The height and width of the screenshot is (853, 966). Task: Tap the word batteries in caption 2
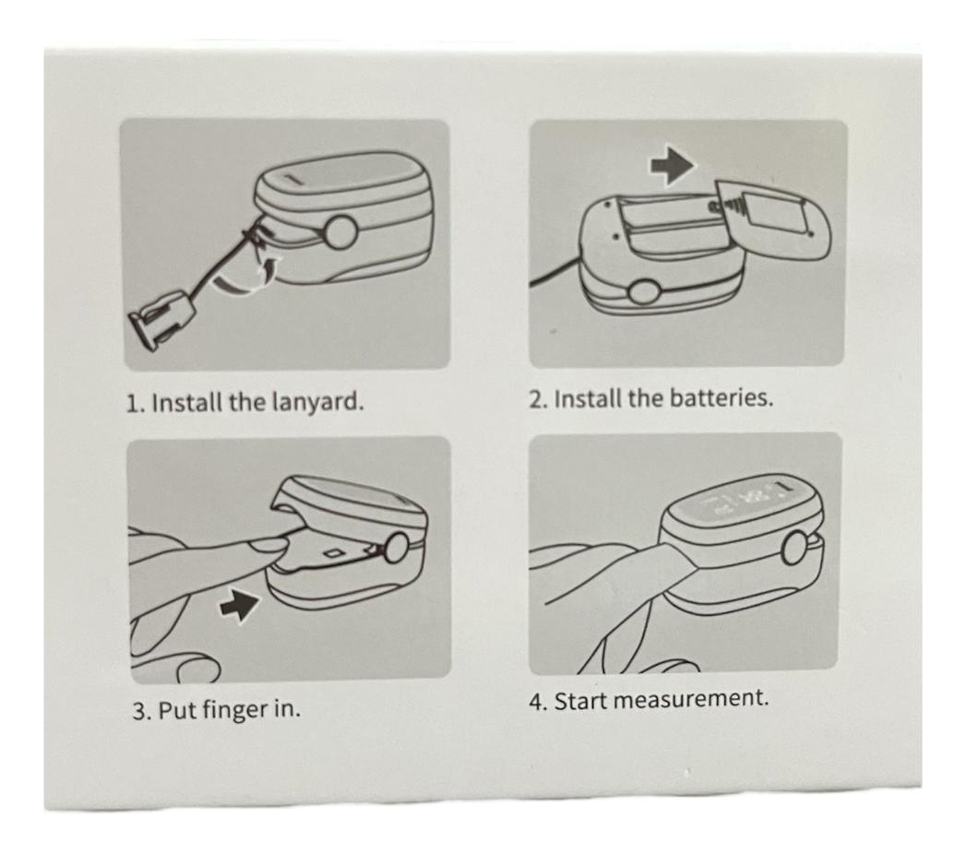[721, 398]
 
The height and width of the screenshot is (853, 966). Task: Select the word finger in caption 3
[234, 710]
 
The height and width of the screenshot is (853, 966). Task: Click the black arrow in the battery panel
[672, 165]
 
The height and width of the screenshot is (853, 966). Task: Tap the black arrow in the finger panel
[240, 605]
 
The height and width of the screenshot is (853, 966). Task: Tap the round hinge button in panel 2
[643, 293]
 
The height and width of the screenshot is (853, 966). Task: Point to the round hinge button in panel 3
[397, 549]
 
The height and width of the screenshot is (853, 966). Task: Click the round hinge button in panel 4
[795, 548]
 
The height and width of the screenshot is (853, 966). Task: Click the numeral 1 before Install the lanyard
[133, 403]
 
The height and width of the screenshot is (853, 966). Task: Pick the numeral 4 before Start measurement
[537, 702]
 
